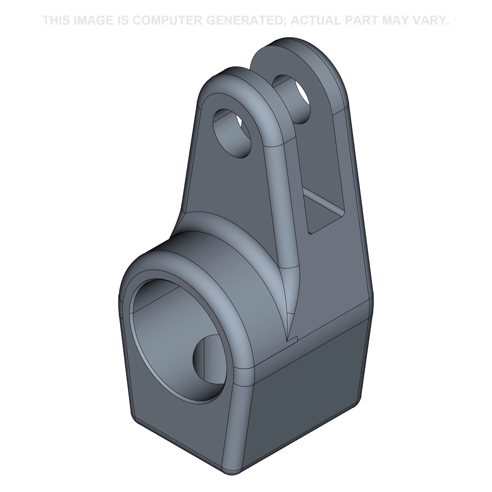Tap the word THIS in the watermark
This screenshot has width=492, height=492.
(x=57, y=20)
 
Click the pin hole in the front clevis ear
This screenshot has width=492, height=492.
(x=232, y=133)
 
